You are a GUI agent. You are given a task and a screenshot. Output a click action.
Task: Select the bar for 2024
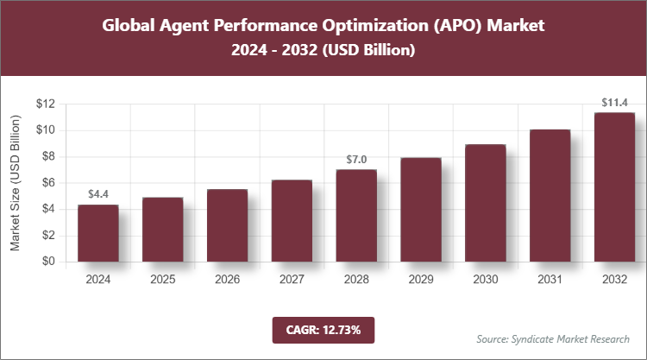(97, 233)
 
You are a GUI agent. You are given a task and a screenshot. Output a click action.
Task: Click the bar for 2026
(227, 225)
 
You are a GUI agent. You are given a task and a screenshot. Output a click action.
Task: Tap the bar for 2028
(356, 216)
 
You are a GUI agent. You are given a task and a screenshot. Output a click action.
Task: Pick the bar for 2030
(485, 203)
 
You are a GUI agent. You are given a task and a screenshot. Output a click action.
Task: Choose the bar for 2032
(614, 187)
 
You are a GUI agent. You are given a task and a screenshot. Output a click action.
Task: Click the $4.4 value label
(97, 193)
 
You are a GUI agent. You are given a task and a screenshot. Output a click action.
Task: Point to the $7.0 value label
(356, 159)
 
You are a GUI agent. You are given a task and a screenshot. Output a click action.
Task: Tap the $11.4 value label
(614, 102)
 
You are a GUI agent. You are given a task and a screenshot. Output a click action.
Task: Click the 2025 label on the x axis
(162, 280)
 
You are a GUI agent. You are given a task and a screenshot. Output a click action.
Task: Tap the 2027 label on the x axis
(292, 280)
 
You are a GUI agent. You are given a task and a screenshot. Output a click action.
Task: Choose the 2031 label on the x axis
(550, 280)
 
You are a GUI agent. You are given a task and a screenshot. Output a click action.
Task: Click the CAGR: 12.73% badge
(323, 329)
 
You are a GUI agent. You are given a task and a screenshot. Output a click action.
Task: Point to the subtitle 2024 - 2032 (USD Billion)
(323, 51)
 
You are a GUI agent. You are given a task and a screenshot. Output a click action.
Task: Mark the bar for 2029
(420, 210)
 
